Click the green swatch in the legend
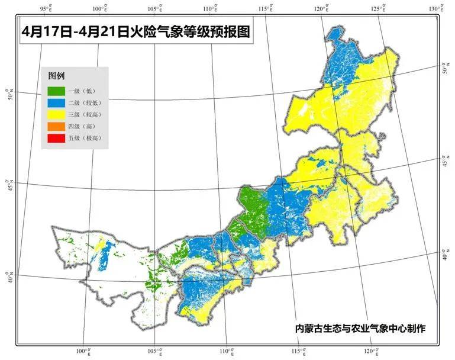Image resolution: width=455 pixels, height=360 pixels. click(x=56, y=91)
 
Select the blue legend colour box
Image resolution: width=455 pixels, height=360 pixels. click(x=56, y=102)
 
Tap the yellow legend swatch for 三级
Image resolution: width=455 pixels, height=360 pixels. click(x=56, y=114)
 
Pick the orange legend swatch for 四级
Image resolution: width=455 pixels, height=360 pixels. click(x=56, y=126)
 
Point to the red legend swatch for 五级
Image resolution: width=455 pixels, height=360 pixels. click(x=56, y=138)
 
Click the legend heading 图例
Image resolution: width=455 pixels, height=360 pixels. click(x=56, y=76)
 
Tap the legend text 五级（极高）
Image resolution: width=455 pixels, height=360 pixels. click(x=84, y=138)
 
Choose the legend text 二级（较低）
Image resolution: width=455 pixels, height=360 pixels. click(x=84, y=102)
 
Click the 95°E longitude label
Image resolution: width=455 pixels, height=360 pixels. click(x=46, y=8)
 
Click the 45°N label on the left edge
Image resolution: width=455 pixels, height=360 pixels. click(x=8, y=181)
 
